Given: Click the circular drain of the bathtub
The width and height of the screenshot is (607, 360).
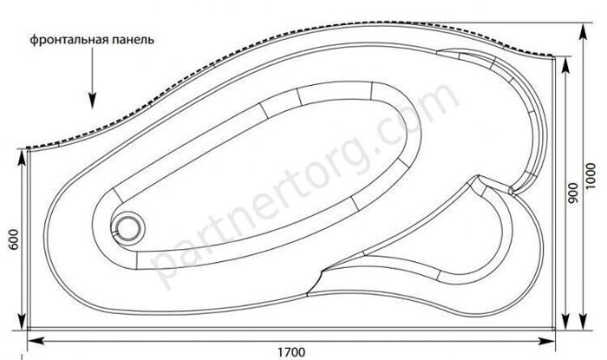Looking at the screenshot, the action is (127, 229).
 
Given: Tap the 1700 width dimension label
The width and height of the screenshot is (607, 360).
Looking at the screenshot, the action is (291, 352).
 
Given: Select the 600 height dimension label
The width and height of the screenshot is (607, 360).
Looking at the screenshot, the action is (14, 239).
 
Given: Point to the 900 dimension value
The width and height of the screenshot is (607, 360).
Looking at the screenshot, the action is (573, 193).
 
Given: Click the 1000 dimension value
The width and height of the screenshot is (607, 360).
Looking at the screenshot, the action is (590, 176).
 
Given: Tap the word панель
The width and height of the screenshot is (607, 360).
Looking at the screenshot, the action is (134, 40).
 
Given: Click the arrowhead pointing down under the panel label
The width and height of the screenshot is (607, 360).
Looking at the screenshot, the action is (92, 101).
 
